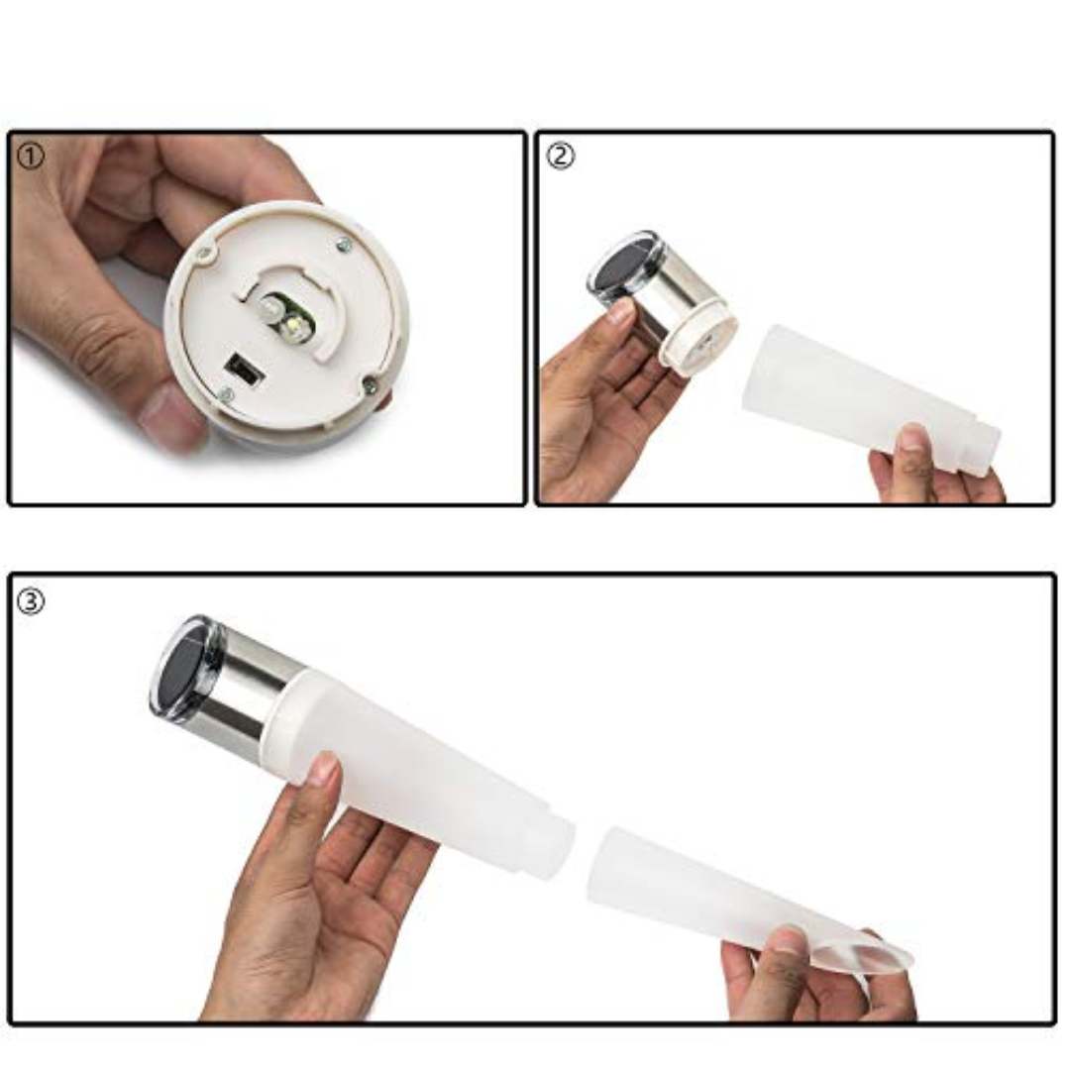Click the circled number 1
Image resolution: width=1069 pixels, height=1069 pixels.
pos(30,158)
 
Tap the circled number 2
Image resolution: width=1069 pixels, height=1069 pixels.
pos(561,157)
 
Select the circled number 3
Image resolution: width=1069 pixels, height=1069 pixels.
pos(30,601)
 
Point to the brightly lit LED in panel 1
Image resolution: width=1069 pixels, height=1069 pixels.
pos(296,325)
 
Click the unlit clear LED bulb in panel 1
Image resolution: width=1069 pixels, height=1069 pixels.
pos(269,310)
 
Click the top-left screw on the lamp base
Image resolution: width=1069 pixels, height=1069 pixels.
pos(204,255)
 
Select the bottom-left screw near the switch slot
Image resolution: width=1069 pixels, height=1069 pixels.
pos(227,394)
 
